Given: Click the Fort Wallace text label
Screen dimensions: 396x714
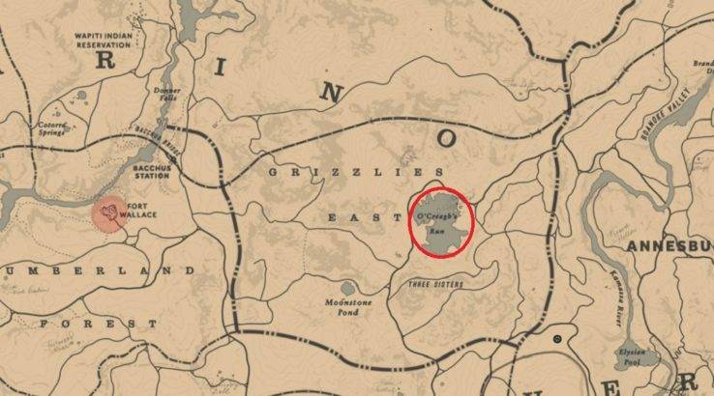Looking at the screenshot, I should point(142,209).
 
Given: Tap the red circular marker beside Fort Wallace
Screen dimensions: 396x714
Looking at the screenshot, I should point(110,213).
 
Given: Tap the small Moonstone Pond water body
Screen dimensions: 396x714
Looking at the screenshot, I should point(347,288).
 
